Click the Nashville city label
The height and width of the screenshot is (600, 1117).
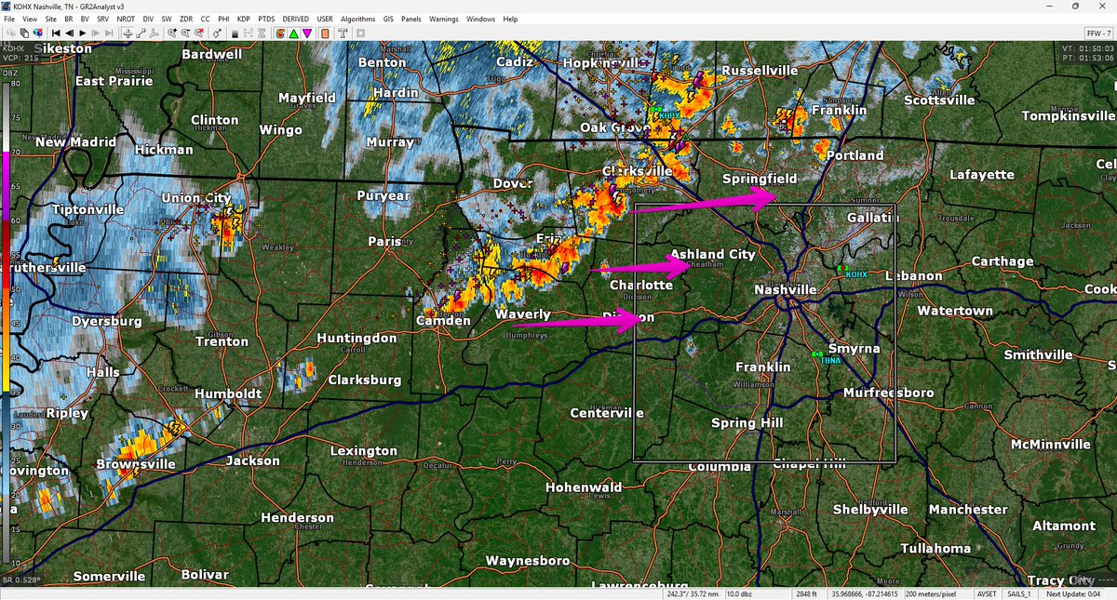tap(785, 290)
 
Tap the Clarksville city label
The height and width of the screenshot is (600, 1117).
tap(637, 172)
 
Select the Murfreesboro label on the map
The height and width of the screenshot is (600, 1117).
tap(888, 393)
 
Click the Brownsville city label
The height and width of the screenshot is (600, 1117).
tap(135, 463)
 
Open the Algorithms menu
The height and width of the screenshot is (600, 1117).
tap(358, 19)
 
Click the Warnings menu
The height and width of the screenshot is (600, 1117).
tap(443, 19)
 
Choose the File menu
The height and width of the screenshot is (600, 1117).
tap(9, 19)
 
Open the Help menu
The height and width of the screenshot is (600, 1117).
tap(510, 19)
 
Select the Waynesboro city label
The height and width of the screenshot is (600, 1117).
tap(527, 561)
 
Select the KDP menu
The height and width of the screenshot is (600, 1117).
tap(244, 19)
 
